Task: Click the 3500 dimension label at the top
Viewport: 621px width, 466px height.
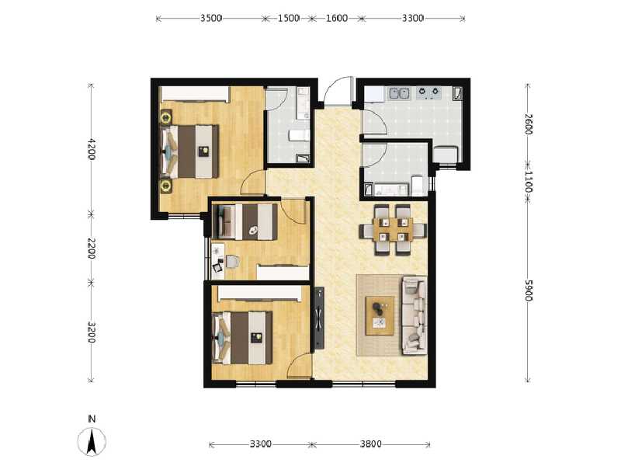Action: click(211, 18)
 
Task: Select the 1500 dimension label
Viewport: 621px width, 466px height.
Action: click(288, 18)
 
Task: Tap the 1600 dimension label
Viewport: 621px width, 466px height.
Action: click(337, 18)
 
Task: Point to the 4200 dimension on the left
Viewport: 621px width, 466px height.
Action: click(92, 149)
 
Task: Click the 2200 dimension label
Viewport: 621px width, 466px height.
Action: click(92, 249)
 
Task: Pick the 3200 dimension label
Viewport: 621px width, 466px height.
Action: click(92, 332)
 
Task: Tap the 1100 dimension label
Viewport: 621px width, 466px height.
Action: click(528, 183)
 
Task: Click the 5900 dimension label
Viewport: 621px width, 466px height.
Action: click(528, 291)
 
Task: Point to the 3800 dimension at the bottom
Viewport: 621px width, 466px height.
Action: click(370, 444)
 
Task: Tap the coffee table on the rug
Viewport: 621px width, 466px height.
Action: click(380, 315)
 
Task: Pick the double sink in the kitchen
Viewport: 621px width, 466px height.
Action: click(399, 93)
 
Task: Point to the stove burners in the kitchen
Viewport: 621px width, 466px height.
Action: click(429, 93)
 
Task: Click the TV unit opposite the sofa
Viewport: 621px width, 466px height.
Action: click(319, 319)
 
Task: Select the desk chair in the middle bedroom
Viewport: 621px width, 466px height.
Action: click(218, 265)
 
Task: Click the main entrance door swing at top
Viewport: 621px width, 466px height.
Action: click(337, 92)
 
